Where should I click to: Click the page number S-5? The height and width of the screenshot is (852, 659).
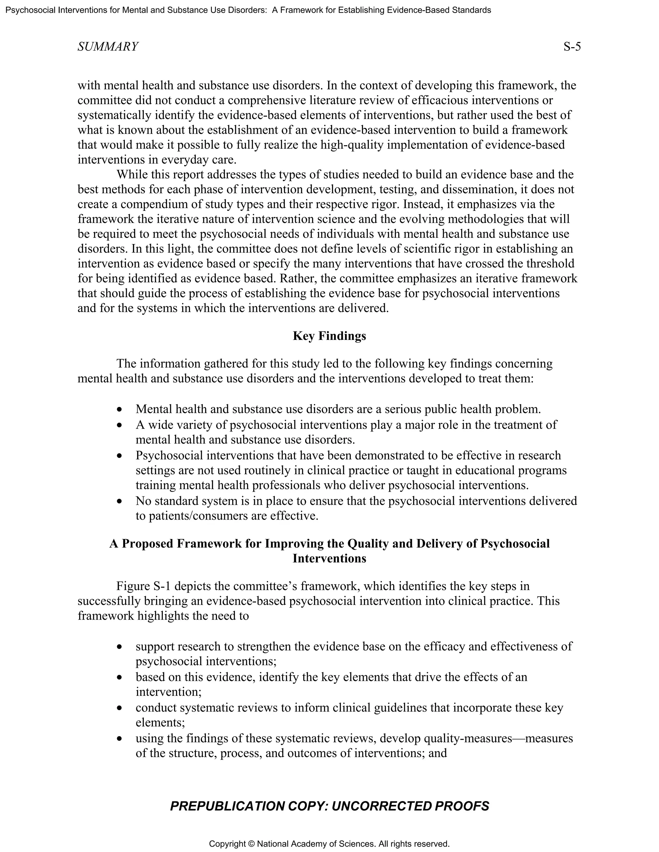pyautogui.click(x=572, y=47)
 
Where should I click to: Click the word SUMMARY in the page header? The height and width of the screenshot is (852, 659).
pyautogui.click(x=108, y=47)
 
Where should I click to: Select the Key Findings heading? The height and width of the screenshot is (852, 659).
pyautogui.click(x=329, y=336)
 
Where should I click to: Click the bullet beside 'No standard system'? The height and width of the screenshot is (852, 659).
pyautogui.click(x=120, y=502)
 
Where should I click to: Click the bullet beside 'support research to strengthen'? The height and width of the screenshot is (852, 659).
pyautogui.click(x=120, y=648)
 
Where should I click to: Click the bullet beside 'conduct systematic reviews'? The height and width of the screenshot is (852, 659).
pyautogui.click(x=120, y=708)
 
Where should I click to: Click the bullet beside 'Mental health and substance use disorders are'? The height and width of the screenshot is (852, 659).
pyautogui.click(x=120, y=410)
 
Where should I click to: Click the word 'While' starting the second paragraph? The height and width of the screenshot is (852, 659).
pyautogui.click(x=130, y=174)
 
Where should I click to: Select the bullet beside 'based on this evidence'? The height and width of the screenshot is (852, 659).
pyautogui.click(x=120, y=678)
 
